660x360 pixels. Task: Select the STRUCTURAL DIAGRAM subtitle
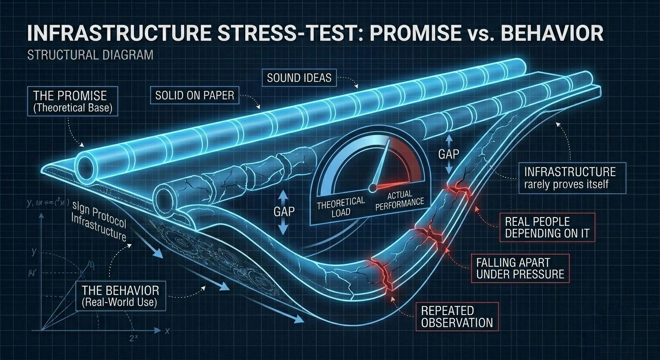click(x=90, y=55)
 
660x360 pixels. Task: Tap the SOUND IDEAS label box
click(x=299, y=77)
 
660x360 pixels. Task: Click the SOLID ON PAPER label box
click(x=195, y=95)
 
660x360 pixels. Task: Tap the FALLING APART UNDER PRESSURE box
click(x=520, y=268)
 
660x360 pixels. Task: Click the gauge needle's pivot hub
click(x=373, y=187)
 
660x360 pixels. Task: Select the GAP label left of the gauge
click(x=284, y=211)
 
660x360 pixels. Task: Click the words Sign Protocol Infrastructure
click(x=98, y=220)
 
